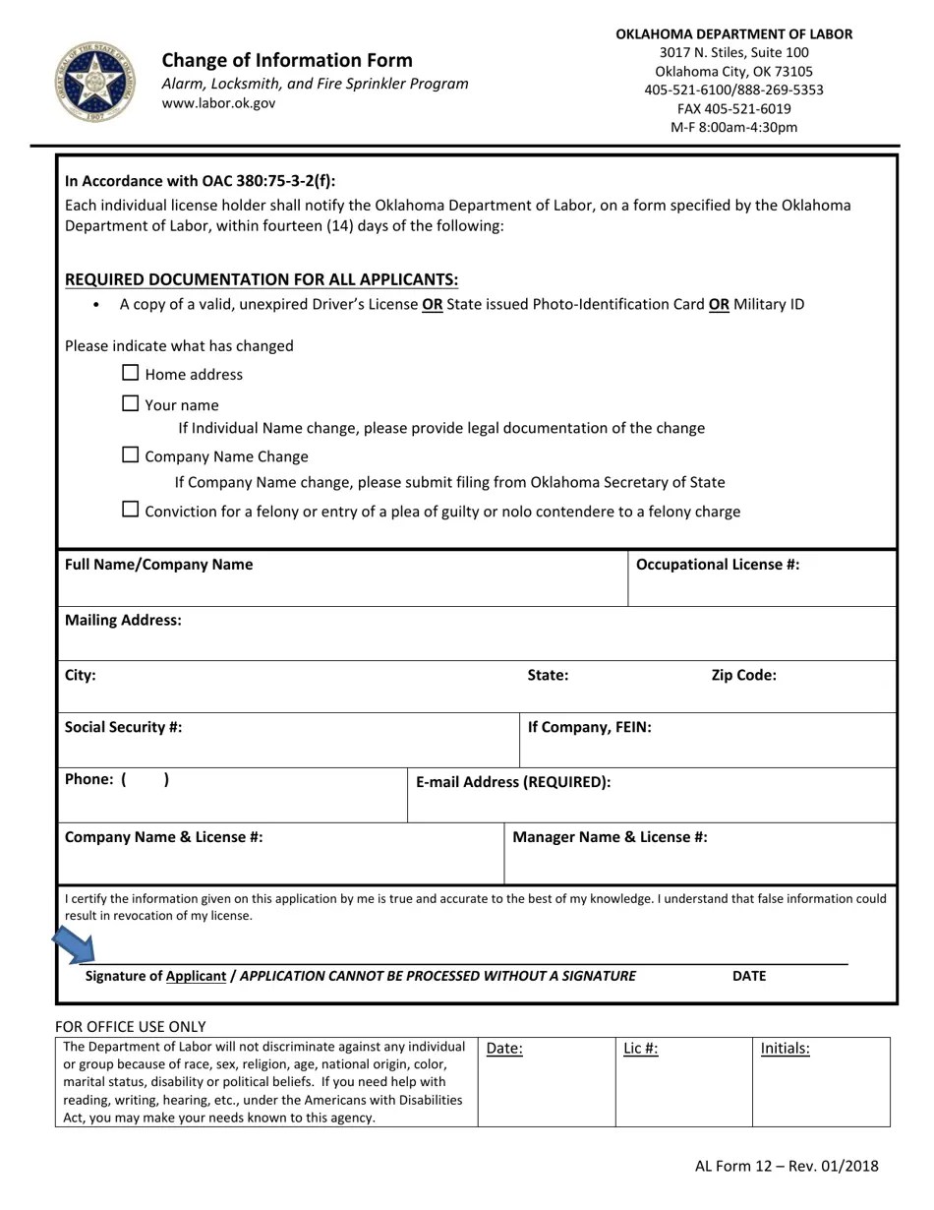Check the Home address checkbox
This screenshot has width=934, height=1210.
[131, 373]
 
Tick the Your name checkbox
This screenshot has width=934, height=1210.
[131, 403]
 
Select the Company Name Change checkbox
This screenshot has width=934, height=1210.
[131, 454]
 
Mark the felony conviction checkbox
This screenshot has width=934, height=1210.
[131, 510]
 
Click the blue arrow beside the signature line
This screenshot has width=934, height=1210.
[74, 946]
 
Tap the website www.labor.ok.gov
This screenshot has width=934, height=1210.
[218, 103]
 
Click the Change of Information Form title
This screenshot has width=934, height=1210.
[287, 60]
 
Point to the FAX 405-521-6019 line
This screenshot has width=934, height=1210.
[733, 108]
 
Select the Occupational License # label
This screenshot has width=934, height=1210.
[718, 565]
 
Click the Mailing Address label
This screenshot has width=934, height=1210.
[123, 621]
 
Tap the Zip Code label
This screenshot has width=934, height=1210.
[743, 676]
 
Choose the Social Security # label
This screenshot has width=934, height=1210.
[123, 728]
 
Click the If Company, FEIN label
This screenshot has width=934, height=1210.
[589, 728]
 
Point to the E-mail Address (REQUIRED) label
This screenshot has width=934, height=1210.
[513, 783]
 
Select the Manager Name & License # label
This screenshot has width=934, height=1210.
[610, 838]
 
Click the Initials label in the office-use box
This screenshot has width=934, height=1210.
[785, 1049]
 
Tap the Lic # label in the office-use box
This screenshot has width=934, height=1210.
[641, 1049]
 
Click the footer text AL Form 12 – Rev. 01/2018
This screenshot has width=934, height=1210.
[787, 1167]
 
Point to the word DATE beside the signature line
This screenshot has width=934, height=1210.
[748, 977]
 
